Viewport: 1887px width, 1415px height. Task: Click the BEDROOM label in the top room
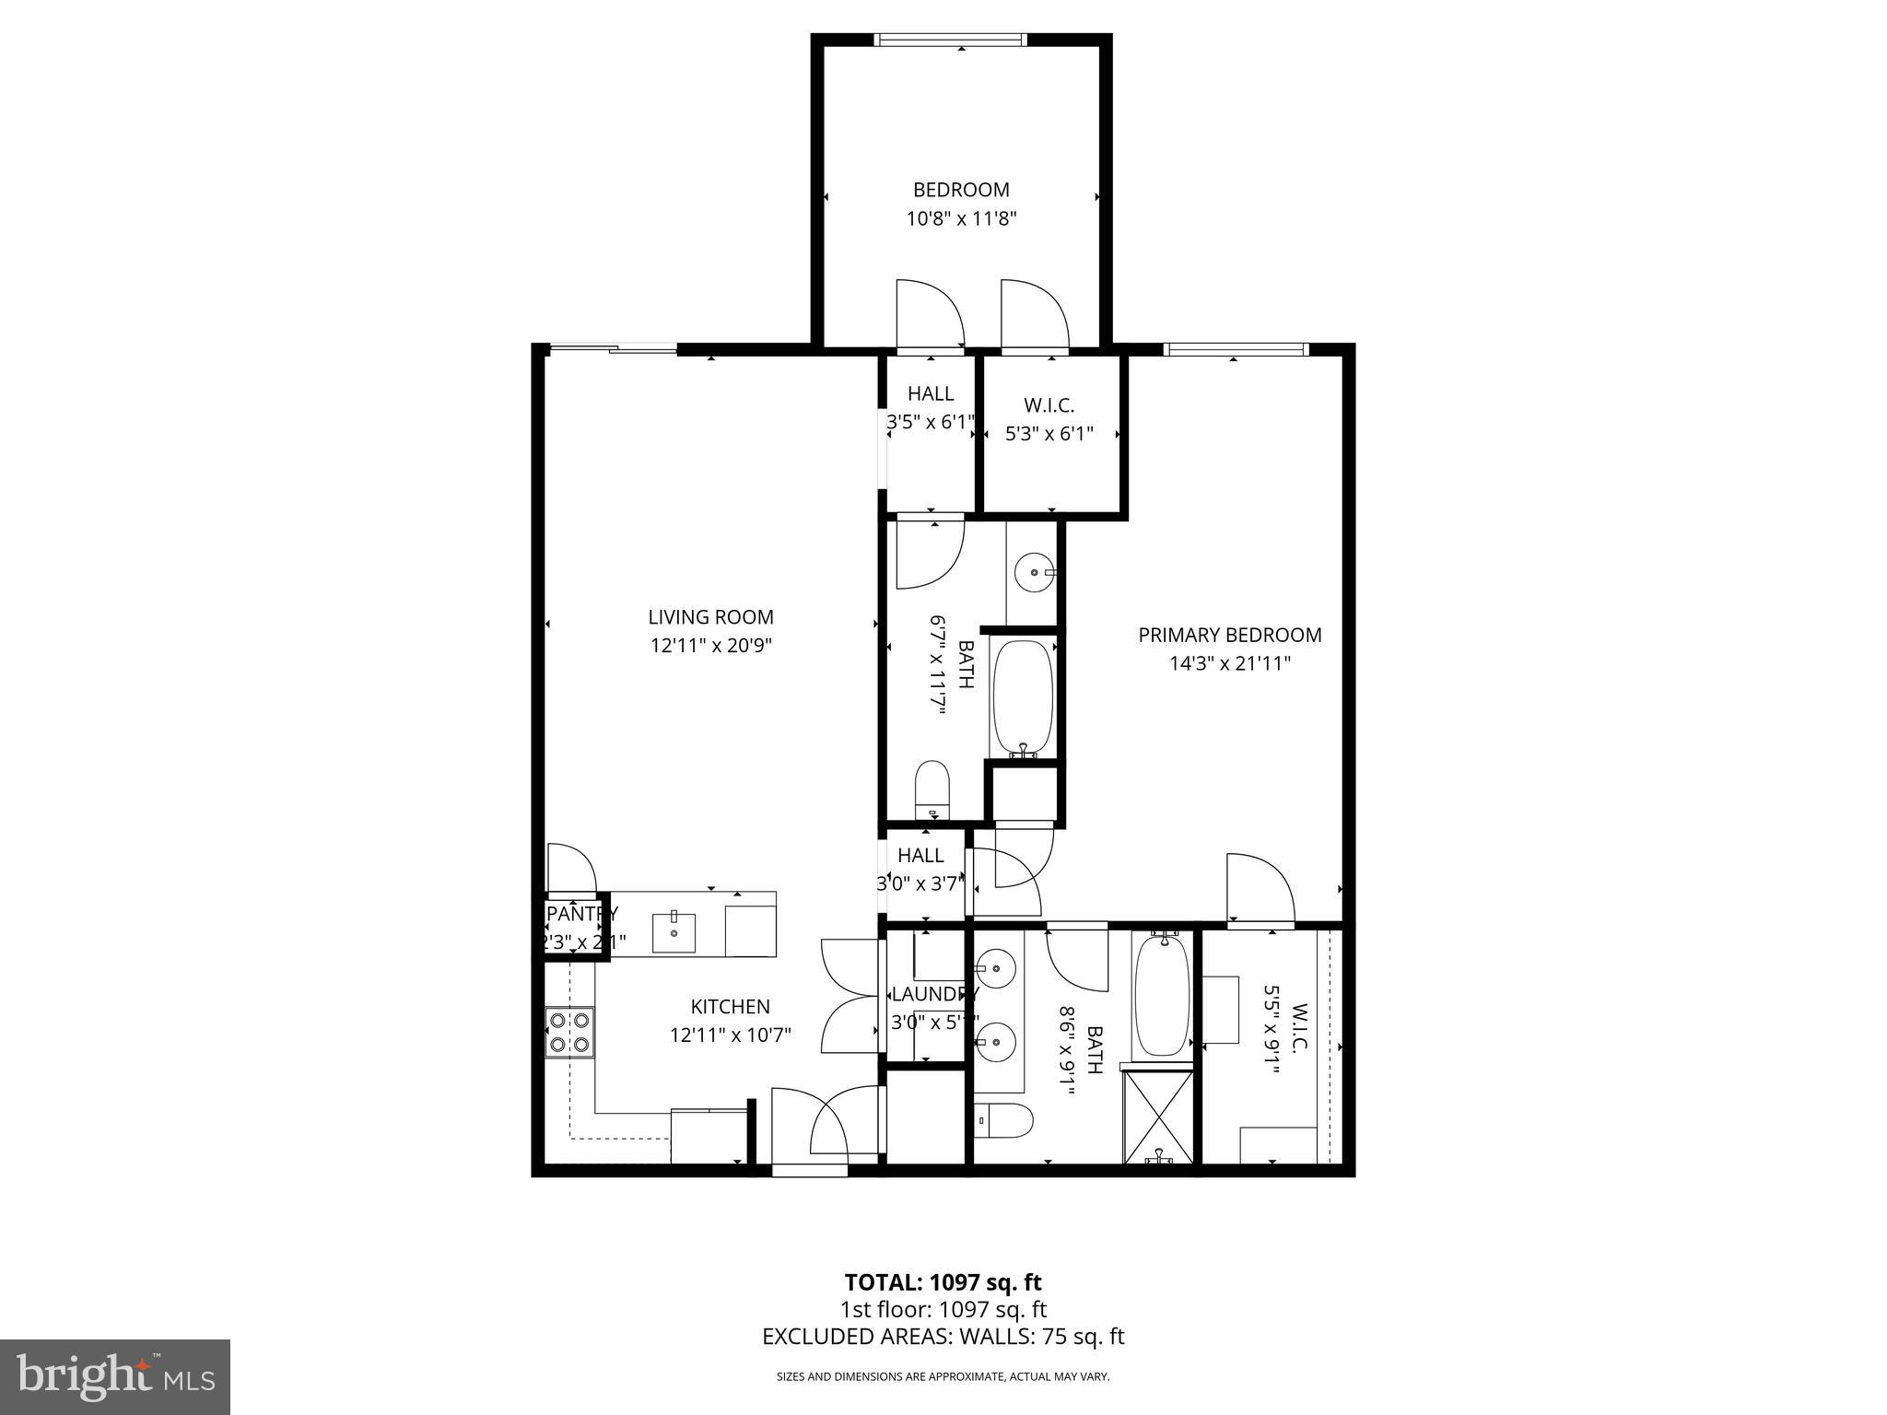(961, 190)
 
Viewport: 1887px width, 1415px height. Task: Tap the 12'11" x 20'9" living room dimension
(710, 646)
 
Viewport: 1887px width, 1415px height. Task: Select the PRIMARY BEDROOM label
(1229, 635)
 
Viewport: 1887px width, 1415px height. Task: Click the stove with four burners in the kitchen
(569, 1032)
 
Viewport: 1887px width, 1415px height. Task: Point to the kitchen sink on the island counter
(675, 932)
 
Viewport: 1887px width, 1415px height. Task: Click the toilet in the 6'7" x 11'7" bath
(932, 789)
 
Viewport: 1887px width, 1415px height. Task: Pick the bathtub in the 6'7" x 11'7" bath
(1022, 696)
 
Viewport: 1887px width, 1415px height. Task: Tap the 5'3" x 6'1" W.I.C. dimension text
(1049, 433)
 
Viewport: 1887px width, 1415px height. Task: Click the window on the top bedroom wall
(949, 40)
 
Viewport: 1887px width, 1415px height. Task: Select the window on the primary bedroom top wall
(1236, 349)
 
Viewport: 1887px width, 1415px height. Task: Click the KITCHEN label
(730, 1007)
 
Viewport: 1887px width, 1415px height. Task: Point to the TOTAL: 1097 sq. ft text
(943, 1282)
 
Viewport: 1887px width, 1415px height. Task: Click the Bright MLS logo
(114, 1377)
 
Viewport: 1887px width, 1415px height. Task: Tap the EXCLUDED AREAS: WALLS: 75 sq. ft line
(943, 1337)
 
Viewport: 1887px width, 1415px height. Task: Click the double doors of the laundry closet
(850, 996)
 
